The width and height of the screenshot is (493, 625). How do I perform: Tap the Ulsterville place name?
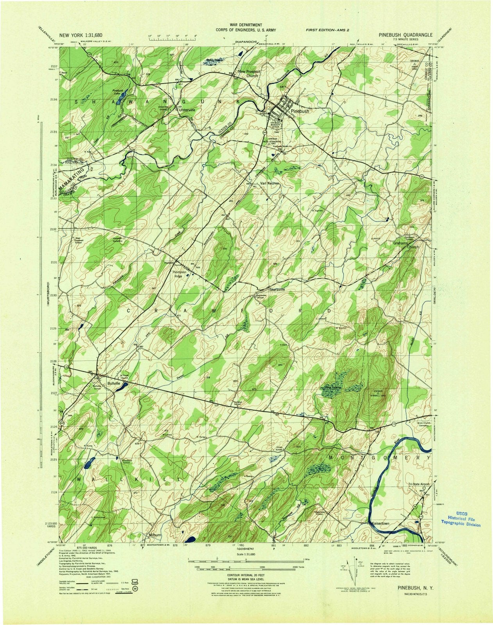pos(186,110)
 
